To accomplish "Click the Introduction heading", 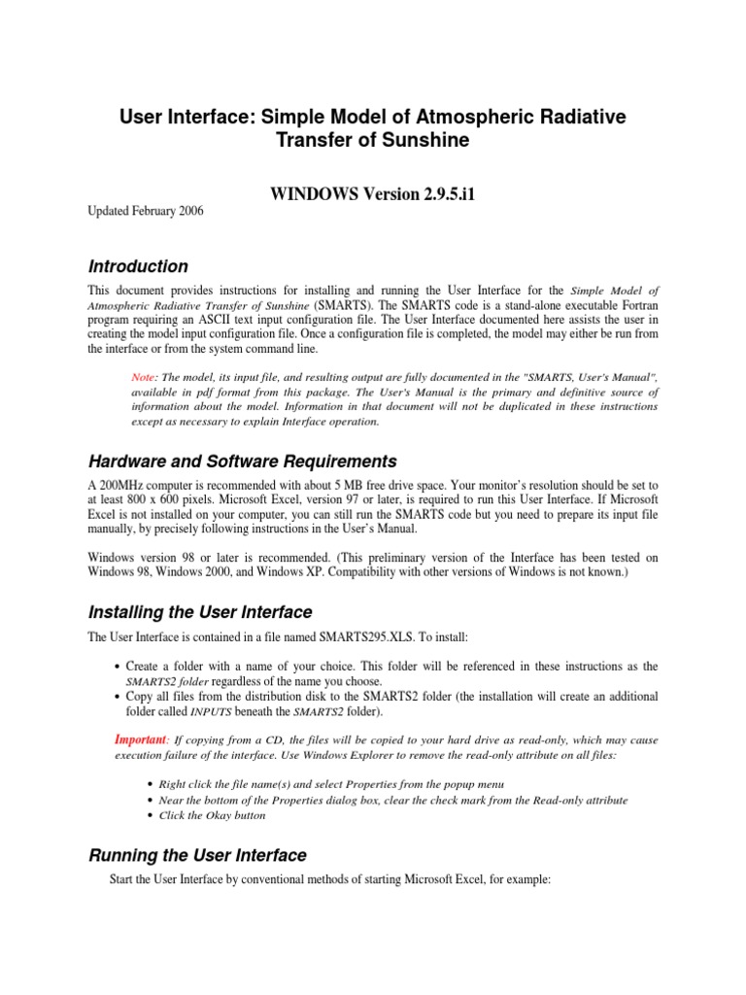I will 138,266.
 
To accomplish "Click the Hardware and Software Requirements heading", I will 243,461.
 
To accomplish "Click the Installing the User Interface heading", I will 200,612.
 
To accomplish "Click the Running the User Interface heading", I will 197,855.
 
